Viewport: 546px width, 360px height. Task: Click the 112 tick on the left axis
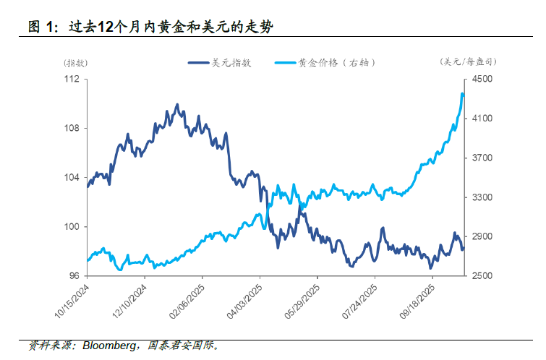tap(71, 80)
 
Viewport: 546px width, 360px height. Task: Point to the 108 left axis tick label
tap(71, 129)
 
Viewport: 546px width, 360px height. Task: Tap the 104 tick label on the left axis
tap(71, 178)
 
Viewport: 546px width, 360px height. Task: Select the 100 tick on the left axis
tap(71, 227)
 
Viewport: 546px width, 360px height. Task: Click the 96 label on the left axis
tap(74, 276)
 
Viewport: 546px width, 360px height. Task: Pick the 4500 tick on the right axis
tap(482, 80)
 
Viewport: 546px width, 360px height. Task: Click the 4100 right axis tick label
tap(482, 119)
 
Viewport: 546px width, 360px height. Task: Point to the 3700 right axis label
tap(482, 158)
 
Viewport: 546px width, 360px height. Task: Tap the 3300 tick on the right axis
tap(482, 197)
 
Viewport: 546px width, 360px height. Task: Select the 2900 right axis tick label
tap(482, 237)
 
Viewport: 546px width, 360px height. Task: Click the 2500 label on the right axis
tap(482, 276)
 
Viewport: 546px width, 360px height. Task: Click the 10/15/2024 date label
tap(72, 302)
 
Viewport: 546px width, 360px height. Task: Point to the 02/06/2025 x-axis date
tap(187, 302)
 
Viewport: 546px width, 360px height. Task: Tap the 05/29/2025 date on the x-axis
tap(302, 302)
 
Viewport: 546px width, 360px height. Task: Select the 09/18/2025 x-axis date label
tap(417, 302)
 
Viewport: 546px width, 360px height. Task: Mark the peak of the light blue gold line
tap(462, 93)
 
